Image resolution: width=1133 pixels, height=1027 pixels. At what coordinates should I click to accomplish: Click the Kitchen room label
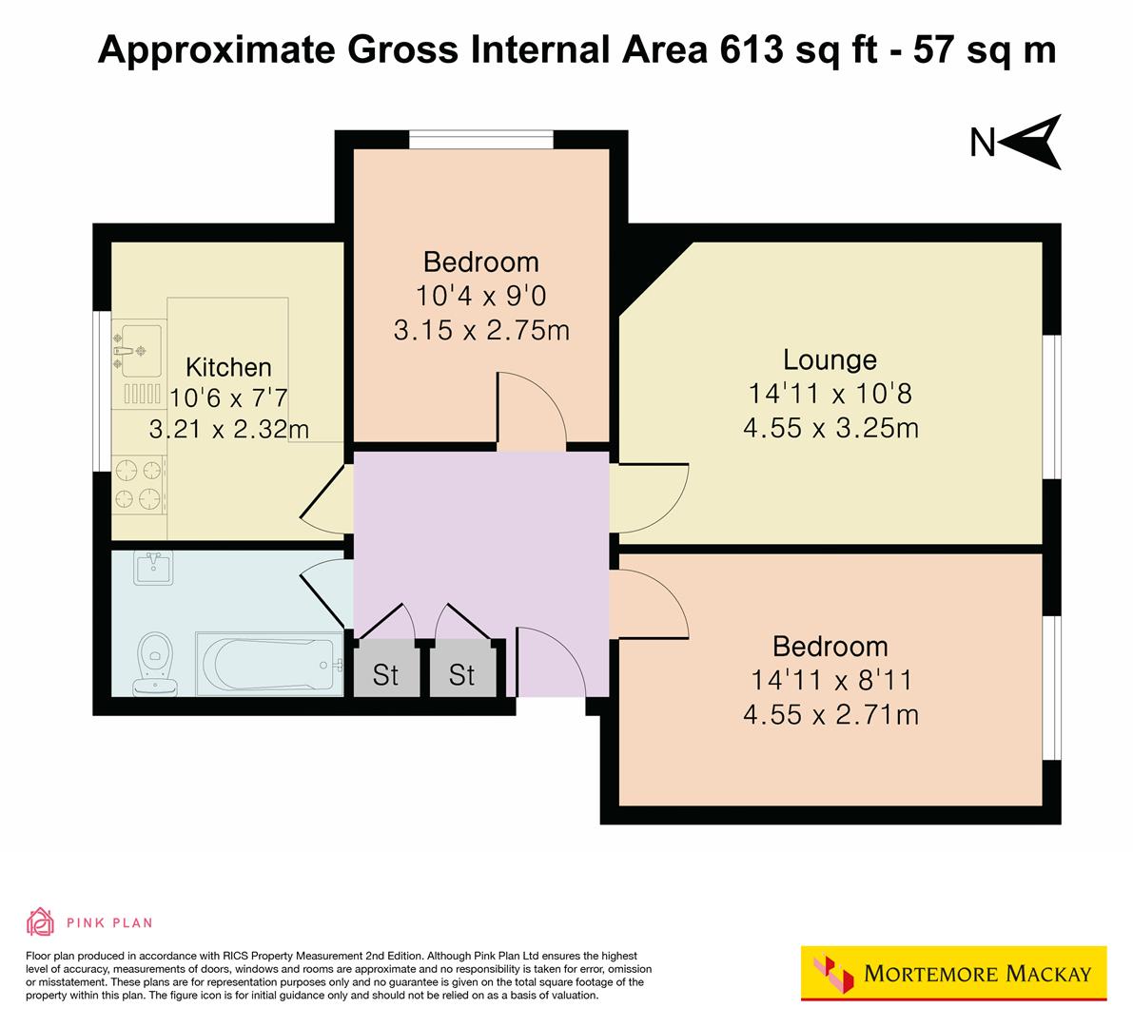[227, 367]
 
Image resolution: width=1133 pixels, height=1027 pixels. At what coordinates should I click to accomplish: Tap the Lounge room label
[830, 359]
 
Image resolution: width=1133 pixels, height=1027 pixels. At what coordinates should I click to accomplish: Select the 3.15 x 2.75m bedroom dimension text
[480, 330]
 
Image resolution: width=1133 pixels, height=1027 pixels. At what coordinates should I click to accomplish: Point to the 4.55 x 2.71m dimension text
[830, 714]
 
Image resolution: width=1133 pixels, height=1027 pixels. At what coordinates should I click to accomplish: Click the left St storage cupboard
[385, 675]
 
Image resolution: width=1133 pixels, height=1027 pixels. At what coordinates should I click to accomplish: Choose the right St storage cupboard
[461, 675]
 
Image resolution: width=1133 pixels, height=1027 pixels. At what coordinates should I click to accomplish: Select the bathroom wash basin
[153, 569]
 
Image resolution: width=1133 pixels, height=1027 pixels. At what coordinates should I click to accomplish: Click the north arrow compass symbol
[1032, 143]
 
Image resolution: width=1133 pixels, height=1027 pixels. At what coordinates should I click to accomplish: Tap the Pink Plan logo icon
[41, 921]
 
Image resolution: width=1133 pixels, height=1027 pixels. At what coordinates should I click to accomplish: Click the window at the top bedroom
[481, 140]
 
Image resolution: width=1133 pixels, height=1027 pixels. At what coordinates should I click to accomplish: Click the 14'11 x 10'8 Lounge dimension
[830, 394]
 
